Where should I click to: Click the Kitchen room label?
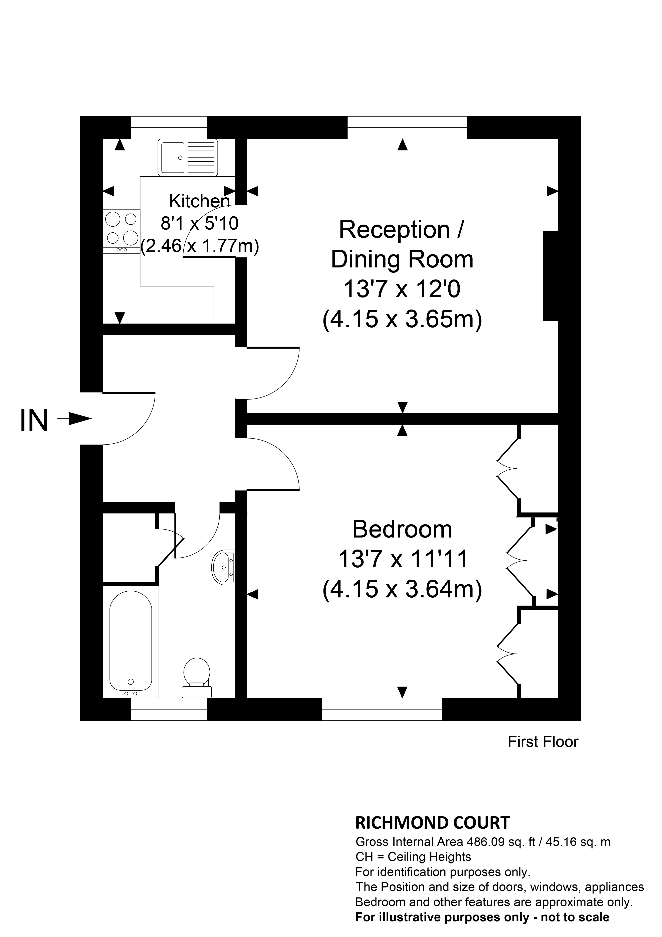tap(199, 201)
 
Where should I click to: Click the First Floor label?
tap(543, 753)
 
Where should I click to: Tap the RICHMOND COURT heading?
tap(432, 823)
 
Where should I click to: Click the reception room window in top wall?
tap(407, 128)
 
